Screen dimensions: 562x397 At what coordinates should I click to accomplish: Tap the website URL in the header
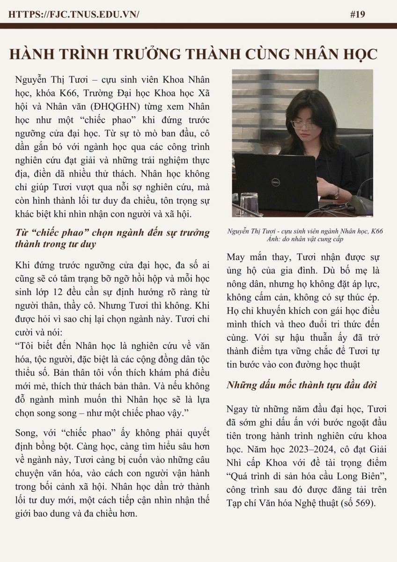[74, 14]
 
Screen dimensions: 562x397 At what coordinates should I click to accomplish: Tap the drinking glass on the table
[249, 203]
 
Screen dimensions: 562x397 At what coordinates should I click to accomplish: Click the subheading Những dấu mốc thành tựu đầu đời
[302, 385]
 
